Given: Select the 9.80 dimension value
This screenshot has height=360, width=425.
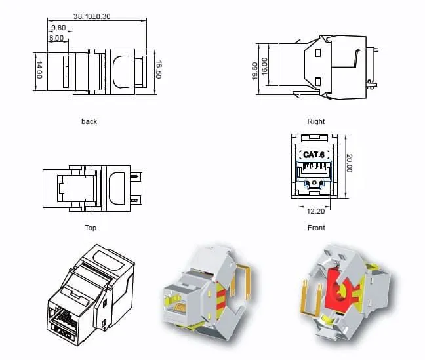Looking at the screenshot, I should pos(58,28).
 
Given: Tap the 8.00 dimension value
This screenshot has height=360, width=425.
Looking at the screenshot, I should pos(56,38).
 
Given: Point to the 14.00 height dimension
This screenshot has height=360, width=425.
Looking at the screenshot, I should pos(39,70).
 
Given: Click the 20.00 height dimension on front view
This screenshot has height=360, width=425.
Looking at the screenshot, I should pos(349,165).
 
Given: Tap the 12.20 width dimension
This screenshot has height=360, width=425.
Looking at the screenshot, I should pos(316,211).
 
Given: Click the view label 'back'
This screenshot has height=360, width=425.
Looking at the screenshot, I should pos(89,121).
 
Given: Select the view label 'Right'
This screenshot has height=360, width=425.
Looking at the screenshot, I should pos(316,121).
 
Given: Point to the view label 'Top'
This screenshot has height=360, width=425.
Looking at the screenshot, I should pos(91,228).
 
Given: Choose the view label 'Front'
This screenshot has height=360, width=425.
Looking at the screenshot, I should pos(316,228).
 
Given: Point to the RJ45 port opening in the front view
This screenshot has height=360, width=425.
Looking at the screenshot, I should pos(316,174).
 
